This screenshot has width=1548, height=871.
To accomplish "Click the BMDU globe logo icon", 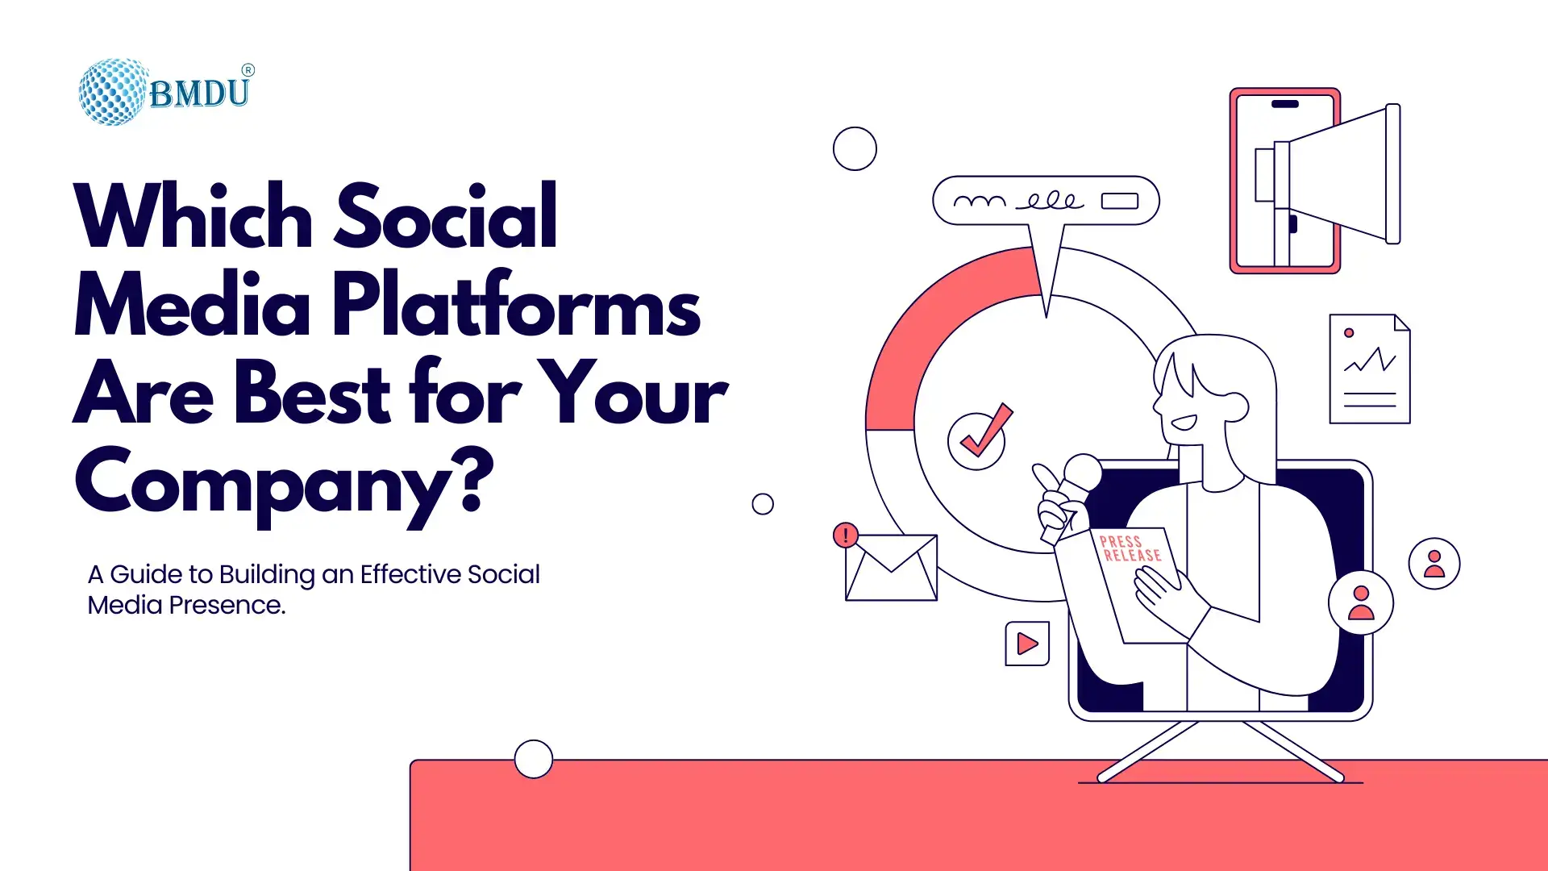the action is (114, 92).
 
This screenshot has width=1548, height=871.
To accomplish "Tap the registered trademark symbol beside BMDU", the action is (248, 70).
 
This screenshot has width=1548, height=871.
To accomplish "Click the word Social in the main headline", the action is (446, 215).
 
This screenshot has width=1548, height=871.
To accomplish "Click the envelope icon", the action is (891, 568).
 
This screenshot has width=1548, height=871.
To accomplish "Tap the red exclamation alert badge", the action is (846, 535).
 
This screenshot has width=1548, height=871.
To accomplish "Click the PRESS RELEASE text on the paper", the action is (1130, 548).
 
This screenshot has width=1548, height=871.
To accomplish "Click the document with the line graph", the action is (1370, 369).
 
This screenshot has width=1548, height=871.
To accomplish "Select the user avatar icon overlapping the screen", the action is (1361, 602).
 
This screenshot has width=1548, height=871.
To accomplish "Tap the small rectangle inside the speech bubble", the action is (1120, 201).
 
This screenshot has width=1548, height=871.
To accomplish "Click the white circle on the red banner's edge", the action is (534, 759).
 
